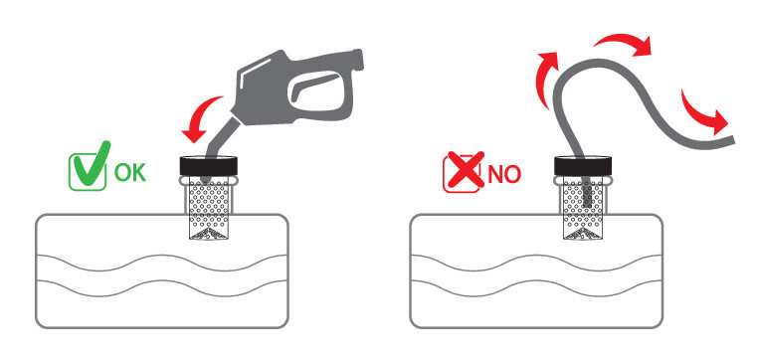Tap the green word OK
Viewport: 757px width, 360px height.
130,172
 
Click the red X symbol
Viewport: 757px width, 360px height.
465,169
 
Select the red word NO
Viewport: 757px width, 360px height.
504,175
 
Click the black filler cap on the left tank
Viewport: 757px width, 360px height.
209,166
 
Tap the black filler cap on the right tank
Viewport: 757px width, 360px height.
584,166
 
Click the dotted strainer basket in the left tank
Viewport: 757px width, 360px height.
209,208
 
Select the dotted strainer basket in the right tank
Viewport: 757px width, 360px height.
584,208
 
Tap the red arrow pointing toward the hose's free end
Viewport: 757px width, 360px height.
702,112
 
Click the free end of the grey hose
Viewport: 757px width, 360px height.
732,139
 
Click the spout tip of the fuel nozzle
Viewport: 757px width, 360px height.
205,180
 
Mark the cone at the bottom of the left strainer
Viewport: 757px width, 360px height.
209,234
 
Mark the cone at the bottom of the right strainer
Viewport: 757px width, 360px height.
584,234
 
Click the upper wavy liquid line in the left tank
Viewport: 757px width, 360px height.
162,262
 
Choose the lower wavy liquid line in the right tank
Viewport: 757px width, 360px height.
536,288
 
